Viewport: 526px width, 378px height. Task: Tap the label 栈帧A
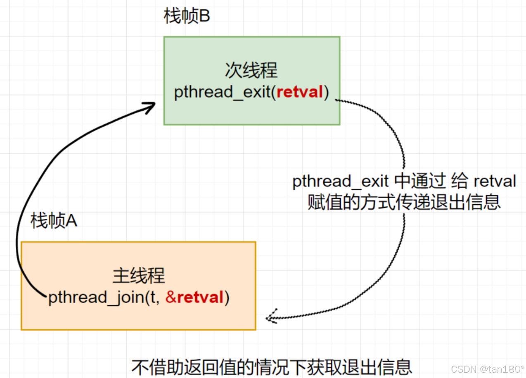coord(54,222)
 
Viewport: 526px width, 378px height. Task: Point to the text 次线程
coord(251,71)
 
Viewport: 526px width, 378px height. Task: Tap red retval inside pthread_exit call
coord(299,92)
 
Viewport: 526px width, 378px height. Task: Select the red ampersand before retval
coord(171,297)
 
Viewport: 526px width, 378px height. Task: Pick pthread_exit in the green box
coord(222,92)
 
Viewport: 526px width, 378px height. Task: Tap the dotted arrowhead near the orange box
coord(271,317)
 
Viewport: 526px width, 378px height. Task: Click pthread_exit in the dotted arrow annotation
coord(340,182)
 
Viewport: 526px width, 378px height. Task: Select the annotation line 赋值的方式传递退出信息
coord(404,202)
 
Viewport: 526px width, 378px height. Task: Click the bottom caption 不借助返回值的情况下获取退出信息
coord(272,367)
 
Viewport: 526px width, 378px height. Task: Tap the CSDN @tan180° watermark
coord(487,369)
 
